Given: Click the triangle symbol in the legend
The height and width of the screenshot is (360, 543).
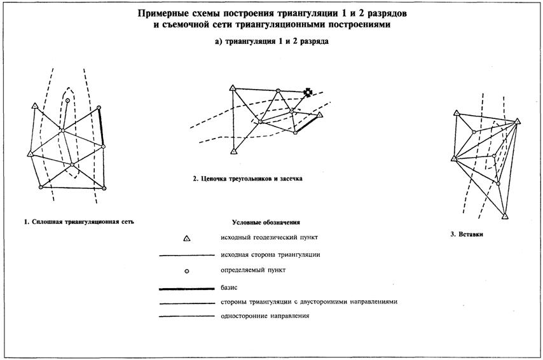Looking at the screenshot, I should [187, 239].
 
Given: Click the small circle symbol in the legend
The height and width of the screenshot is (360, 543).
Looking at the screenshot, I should [187, 272].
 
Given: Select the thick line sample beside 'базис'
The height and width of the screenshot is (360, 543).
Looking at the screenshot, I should [186, 288].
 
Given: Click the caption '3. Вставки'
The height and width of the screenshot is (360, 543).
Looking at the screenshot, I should [467, 235].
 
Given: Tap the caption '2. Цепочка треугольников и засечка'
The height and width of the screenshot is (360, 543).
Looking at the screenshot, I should [247, 179].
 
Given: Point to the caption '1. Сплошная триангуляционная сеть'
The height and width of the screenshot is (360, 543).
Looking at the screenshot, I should [79, 222].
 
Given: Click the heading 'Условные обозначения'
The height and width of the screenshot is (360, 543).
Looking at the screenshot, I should [266, 223].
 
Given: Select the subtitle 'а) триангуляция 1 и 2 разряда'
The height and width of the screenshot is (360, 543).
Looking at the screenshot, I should [271, 41].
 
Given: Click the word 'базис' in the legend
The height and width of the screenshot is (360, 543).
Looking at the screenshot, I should [229, 287].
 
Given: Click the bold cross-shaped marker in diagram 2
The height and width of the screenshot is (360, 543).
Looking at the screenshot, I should [308, 92].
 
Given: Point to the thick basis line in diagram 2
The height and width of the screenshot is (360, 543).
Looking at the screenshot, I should [308, 123].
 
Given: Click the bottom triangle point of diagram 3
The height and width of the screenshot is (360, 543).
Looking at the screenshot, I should [504, 216].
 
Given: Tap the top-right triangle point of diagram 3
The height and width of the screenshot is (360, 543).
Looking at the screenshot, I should [518, 120].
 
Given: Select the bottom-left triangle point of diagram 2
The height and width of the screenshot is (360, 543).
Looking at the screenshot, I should [234, 151].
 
